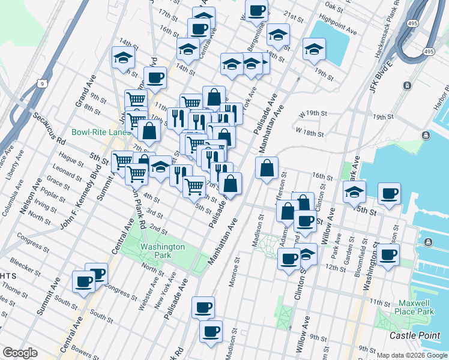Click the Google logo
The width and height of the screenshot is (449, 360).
pyautogui.click(x=20, y=353)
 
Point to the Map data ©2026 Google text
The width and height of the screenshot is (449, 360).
pyautogui.click(x=412, y=355)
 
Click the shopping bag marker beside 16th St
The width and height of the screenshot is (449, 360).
pyautogui.click(x=267, y=169)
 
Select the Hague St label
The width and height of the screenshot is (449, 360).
pyautogui.click(x=71, y=160)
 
